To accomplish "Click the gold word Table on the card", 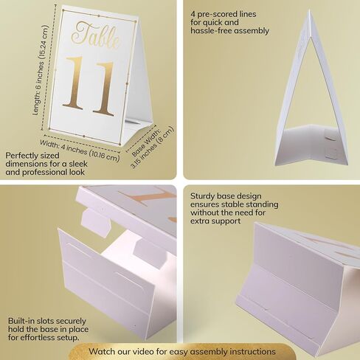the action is click(x=96, y=35).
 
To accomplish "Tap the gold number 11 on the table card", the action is click(x=89, y=86).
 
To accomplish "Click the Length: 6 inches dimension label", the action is click(x=40, y=70).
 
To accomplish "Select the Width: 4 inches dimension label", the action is click(x=80, y=150).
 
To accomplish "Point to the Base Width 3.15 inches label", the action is click(x=152, y=147).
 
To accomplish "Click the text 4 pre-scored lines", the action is click(x=223, y=14).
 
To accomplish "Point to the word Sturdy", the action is click(x=202, y=196).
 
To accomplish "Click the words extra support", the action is click(x=215, y=221).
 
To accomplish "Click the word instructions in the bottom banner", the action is click(x=252, y=352).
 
